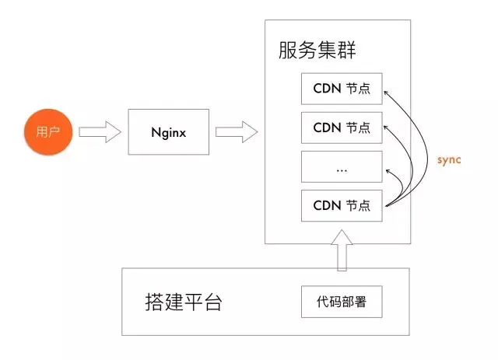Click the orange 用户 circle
pos(48,131)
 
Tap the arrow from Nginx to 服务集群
pos(236,131)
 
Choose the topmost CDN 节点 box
pos(342,89)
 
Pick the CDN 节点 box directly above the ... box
pos(342,127)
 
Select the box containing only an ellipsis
pos(342,166)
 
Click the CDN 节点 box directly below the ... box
pos(342,206)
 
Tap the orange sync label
pos(449,159)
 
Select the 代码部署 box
pos(342,302)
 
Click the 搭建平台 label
pos(184,302)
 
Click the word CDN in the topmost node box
pos(326,89)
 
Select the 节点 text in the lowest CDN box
pos(359,206)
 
